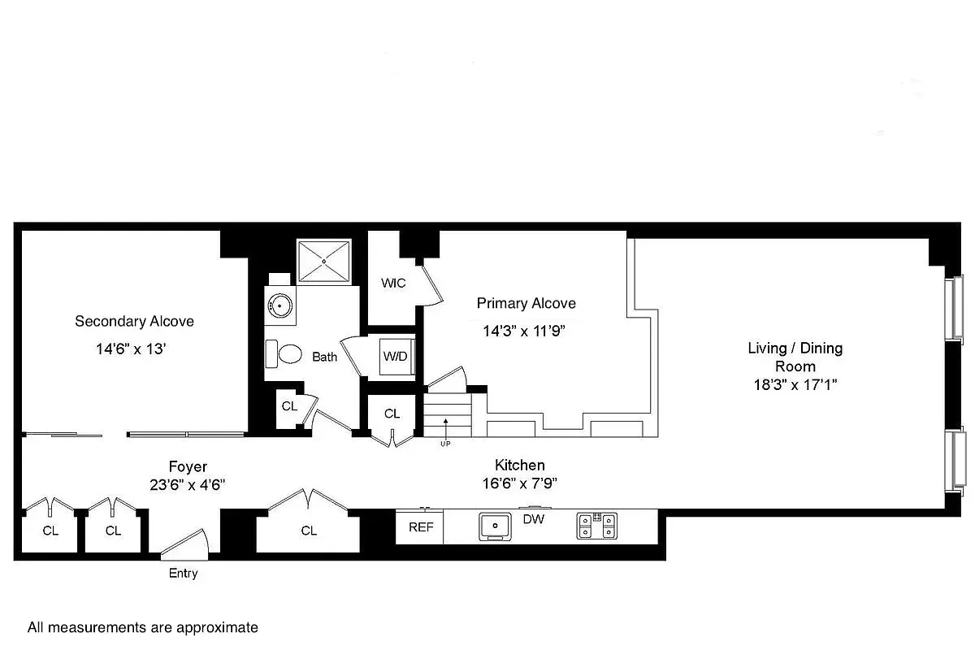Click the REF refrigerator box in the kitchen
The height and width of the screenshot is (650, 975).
[x=420, y=527]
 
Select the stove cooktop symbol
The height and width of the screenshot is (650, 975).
[x=597, y=526]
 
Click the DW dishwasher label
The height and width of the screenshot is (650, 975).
[x=533, y=518]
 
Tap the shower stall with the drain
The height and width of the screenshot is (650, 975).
[x=324, y=261]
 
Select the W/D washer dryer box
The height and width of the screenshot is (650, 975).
[x=396, y=357]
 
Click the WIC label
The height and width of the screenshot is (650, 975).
[x=394, y=283]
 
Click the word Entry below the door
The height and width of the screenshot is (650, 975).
[x=183, y=574]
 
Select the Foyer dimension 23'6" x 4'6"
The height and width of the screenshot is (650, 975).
[x=187, y=484]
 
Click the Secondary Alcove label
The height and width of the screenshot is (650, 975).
[x=134, y=321]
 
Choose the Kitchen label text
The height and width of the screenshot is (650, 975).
[x=520, y=465]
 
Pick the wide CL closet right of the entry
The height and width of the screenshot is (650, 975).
[x=308, y=531]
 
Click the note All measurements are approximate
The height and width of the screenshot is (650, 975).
[x=143, y=627]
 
